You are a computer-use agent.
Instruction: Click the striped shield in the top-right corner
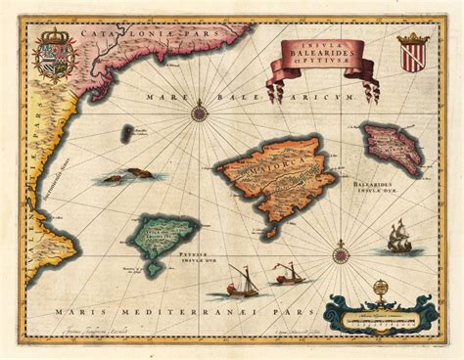[412, 55]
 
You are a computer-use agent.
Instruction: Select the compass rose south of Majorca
[341, 256]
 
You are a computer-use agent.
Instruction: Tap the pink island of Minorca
[390, 149]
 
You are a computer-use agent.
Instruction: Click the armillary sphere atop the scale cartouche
[380, 287]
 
